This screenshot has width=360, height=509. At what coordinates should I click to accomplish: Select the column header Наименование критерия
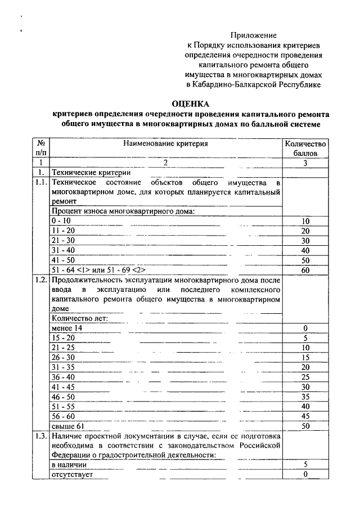[166, 143]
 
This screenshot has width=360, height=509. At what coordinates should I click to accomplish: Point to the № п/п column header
[41, 148]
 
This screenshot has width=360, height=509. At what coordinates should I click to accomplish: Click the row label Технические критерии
[91, 173]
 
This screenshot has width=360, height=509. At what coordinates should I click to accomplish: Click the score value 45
[305, 416]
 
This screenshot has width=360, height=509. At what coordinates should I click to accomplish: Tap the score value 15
[305, 357]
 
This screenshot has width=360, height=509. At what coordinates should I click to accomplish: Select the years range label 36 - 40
[62, 377]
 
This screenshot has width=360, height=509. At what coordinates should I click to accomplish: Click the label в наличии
[69, 465]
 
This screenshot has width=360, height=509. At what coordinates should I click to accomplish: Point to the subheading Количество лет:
[79, 318]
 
